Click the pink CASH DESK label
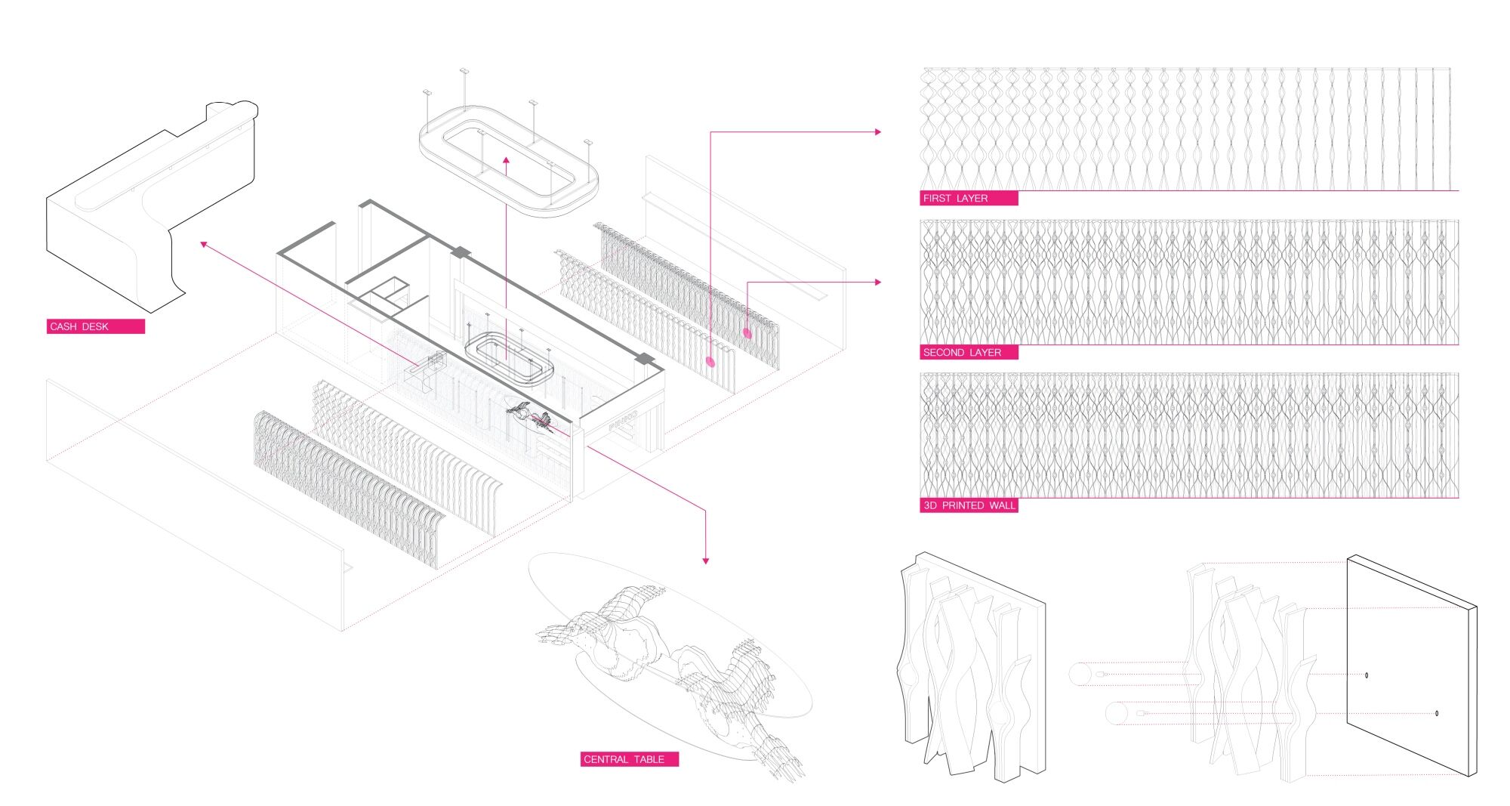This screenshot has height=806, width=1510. [95, 326]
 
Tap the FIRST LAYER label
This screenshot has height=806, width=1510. [969, 198]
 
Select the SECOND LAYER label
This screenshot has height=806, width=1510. [969, 352]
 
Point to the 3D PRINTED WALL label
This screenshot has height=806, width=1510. [969, 505]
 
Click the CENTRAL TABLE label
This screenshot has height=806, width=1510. [629, 759]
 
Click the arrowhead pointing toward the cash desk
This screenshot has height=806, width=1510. [204, 244]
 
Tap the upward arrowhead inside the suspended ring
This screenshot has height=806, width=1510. [506, 160]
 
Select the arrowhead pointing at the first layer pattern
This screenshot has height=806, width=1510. [877, 131]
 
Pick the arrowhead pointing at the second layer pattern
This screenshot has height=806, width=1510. [877, 282]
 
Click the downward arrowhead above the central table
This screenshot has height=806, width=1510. [705, 560]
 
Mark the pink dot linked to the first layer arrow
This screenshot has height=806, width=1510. [710, 362]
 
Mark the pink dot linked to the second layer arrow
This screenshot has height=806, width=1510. [747, 333]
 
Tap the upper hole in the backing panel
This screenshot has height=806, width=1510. [1367, 675]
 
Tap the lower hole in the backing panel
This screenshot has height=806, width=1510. [1437, 713]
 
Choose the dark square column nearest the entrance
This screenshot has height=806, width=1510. [644, 359]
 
